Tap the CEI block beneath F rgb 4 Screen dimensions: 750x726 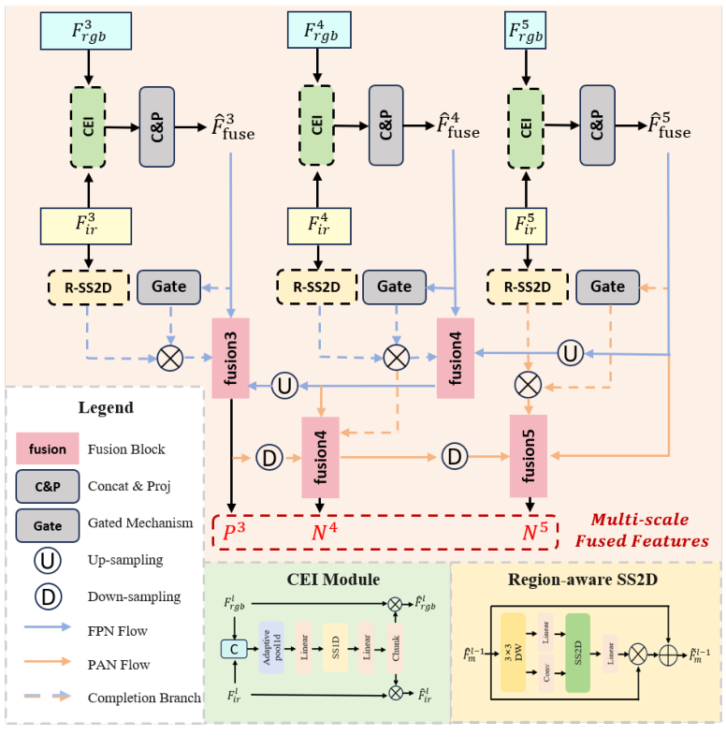[x=317, y=125]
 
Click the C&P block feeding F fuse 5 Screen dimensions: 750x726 [x=597, y=125]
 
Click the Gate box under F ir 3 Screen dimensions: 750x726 [x=168, y=286]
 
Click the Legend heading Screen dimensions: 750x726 [x=106, y=407]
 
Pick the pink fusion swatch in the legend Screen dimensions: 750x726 [x=48, y=449]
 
